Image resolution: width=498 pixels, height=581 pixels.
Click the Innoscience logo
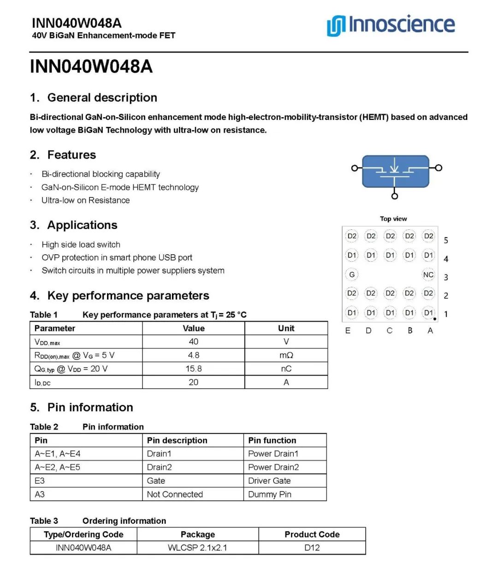(x=391, y=25)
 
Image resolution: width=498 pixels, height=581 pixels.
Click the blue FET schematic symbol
(x=395, y=171)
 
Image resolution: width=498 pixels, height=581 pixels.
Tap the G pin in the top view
(x=352, y=275)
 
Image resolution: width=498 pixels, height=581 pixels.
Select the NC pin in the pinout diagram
(x=428, y=275)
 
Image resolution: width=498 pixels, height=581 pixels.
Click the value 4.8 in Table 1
(x=194, y=355)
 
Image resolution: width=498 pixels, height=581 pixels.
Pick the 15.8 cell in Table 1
(x=194, y=369)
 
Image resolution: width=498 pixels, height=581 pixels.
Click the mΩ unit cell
(x=286, y=355)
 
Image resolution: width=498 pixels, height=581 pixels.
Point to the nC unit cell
(x=286, y=369)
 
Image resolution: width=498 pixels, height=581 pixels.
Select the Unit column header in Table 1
(x=286, y=328)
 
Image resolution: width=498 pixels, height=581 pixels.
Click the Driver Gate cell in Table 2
(x=269, y=481)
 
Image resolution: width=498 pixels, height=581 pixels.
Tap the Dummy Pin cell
(x=270, y=494)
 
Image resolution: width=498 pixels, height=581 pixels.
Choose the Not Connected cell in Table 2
(x=175, y=494)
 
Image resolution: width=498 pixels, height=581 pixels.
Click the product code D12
(x=312, y=548)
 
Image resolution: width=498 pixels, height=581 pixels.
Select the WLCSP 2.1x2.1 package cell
(x=197, y=548)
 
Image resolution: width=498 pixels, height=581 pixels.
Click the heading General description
(x=102, y=98)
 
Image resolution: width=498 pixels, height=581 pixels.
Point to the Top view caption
(x=393, y=219)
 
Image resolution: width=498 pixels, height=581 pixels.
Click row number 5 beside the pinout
(x=446, y=240)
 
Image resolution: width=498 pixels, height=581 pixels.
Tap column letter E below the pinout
(x=348, y=331)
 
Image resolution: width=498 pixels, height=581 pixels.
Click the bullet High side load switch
(x=81, y=245)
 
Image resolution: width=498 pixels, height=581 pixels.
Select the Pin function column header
(x=272, y=440)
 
